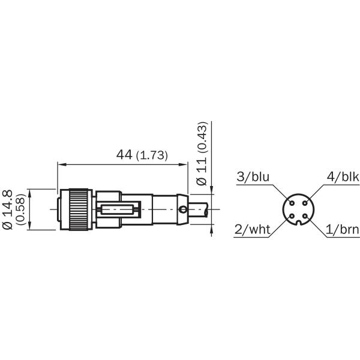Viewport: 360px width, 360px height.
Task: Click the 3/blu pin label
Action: (x=254, y=177)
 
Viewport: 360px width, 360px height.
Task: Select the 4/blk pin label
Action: (x=342, y=177)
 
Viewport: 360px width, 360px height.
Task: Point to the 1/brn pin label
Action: (x=342, y=229)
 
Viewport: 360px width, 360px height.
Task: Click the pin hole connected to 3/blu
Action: (x=291, y=203)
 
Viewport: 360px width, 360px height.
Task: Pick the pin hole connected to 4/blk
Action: (x=304, y=203)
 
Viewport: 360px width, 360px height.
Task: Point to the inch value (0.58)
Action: (x=20, y=209)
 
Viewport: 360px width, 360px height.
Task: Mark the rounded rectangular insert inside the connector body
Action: (x=119, y=209)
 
